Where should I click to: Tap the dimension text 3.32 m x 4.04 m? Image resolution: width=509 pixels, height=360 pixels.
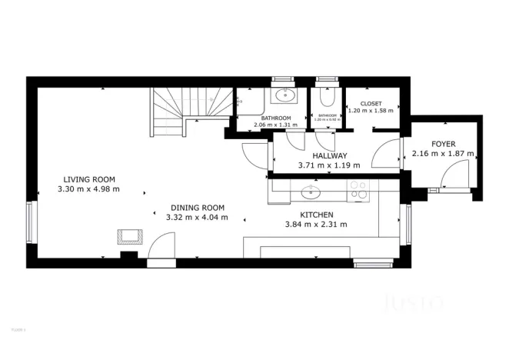pos(197,217)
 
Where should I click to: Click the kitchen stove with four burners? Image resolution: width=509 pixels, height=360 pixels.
pos(358,190)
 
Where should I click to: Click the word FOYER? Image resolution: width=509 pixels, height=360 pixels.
pos(442,143)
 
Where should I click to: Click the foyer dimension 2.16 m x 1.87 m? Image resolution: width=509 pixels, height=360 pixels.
pos(442,153)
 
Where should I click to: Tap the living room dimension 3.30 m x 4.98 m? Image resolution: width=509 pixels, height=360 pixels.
pos(89,188)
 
